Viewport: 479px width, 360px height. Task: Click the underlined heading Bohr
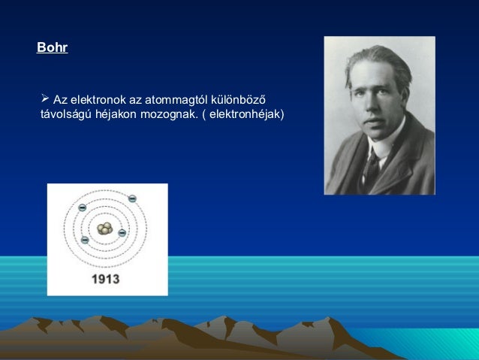click(53, 49)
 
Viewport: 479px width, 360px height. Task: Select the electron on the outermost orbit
click(132, 198)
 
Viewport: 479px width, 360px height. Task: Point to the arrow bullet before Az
click(44, 98)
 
